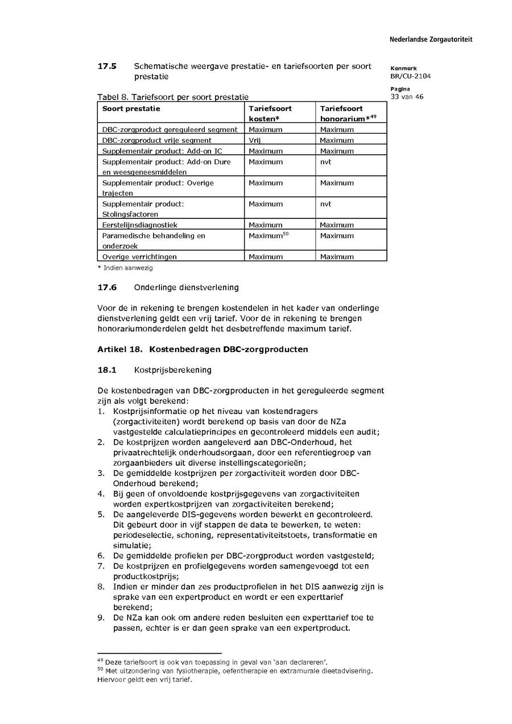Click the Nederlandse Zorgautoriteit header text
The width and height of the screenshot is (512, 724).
tap(431, 40)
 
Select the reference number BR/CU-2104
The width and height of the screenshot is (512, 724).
tap(410, 76)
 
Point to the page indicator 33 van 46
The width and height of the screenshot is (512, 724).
tap(407, 97)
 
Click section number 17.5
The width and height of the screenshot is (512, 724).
tap(107, 66)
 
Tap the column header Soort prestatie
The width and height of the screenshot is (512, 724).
tap(131, 109)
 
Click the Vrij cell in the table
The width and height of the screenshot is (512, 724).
tap(254, 140)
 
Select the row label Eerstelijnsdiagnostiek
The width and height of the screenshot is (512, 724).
tap(140, 225)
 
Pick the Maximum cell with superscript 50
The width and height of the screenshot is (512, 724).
tap(269, 235)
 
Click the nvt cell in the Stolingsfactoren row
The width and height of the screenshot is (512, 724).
tap(325, 204)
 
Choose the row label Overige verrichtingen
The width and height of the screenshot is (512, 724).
tap(139, 257)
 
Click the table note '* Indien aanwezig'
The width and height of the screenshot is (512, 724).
tap(125, 267)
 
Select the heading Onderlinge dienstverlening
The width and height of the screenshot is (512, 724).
tap(187, 287)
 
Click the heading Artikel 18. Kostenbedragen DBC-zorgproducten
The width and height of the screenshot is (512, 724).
tap(203, 349)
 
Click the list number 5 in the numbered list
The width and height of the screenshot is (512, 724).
tap(101, 514)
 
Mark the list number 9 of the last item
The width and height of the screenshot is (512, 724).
tap(101, 618)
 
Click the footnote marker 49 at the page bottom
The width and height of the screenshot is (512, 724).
tap(100, 660)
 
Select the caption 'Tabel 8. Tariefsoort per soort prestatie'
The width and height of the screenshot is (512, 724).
tap(173, 97)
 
